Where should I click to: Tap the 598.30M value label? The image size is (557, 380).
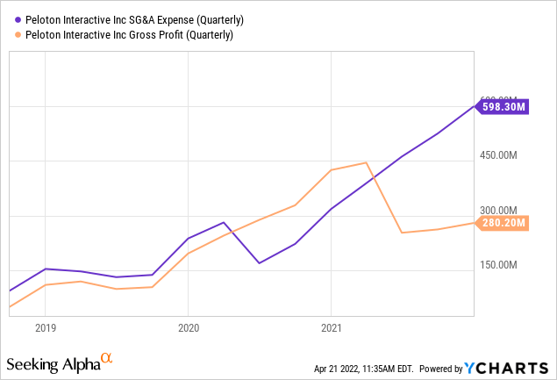click(503, 107)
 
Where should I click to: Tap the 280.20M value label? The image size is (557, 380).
click(503, 223)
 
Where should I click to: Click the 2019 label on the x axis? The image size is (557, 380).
click(46, 328)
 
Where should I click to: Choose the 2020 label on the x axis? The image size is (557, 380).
click(188, 328)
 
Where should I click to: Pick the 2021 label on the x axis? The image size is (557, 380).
click(331, 328)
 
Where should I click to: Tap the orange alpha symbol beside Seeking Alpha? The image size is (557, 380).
click(107, 359)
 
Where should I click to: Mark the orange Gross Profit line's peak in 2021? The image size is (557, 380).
click(366, 163)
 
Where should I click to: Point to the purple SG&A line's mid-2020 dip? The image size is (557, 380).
click(259, 262)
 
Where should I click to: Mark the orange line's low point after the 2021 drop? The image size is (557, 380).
click(402, 233)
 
